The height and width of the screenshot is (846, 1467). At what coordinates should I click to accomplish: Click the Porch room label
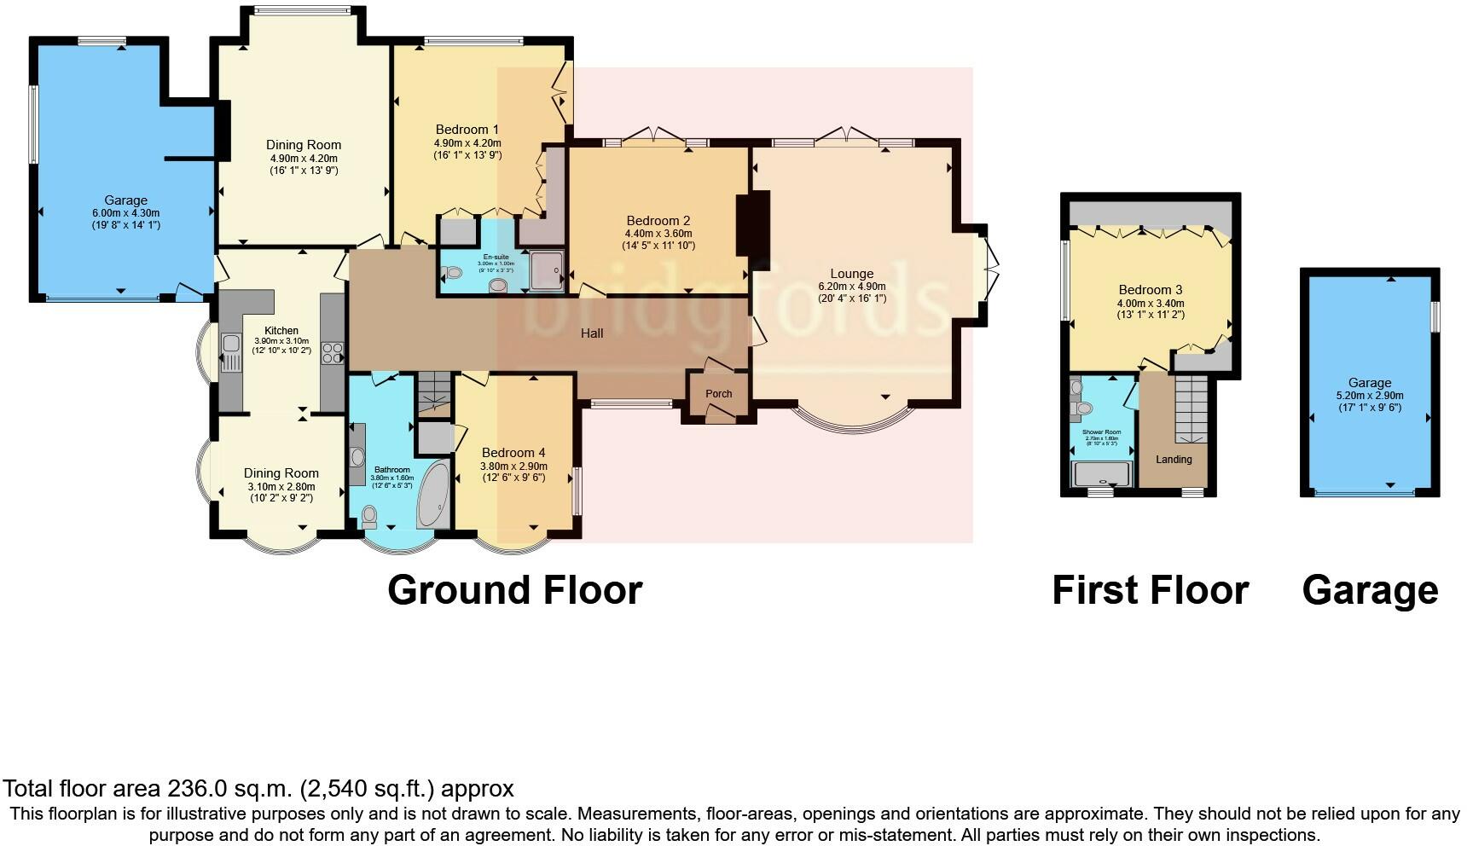pos(719,394)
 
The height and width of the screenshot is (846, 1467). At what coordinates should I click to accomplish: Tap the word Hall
pos(592,333)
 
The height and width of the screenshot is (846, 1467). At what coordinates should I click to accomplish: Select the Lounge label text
pos(851,274)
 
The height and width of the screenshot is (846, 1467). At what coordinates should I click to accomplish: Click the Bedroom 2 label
pos(658,220)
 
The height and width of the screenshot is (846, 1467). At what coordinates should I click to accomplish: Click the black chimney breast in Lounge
pos(753,224)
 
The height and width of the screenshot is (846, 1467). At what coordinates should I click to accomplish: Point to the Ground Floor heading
pos(514,590)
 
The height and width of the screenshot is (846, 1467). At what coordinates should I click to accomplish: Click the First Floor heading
pos(1150,590)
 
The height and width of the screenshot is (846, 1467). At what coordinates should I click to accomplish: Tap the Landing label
pos(1174,460)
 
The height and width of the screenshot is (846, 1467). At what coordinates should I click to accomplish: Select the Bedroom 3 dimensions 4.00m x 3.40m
pos(1151,304)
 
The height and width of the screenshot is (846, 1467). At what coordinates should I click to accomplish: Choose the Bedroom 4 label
pos(513,453)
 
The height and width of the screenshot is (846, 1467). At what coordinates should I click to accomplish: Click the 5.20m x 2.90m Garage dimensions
pos(1370,396)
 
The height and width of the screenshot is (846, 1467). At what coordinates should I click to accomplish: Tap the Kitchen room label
pos(281,331)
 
